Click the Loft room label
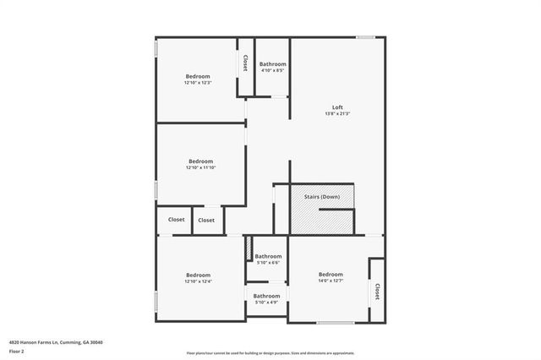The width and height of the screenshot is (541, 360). (x=337, y=107)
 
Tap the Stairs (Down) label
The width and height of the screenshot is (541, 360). (x=322, y=196)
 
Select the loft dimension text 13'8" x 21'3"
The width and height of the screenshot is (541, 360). (x=337, y=114)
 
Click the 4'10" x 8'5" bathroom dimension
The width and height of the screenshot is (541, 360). (x=272, y=70)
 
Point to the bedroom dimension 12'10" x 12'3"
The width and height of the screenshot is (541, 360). (x=197, y=83)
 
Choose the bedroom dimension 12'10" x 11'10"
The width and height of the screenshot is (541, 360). (x=200, y=168)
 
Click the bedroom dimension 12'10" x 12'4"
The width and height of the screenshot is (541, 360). (x=198, y=281)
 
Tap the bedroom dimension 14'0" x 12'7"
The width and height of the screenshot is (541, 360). (x=331, y=281)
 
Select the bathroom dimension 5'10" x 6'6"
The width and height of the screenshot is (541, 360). (x=268, y=263)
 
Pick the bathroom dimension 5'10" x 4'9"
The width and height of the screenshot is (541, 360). (x=267, y=303)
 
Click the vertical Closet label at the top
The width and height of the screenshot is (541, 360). (x=245, y=63)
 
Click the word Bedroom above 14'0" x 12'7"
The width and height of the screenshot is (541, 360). (x=331, y=274)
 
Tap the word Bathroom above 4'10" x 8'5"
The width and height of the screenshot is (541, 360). (x=272, y=64)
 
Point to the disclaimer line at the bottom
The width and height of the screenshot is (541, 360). (x=270, y=353)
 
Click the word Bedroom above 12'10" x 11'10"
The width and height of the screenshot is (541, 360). (x=200, y=161)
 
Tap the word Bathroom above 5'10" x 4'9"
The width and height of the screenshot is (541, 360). (x=267, y=296)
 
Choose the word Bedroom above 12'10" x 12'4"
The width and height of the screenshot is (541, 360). (x=198, y=275)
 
